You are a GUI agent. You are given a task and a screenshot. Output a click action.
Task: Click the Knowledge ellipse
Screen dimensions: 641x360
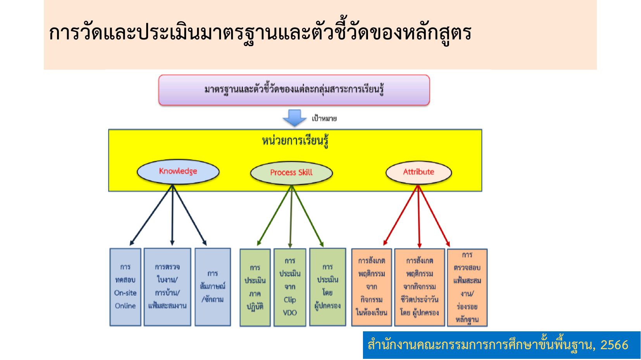pos(178,171)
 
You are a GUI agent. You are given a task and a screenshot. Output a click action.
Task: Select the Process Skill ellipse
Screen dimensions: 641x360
pos(291,173)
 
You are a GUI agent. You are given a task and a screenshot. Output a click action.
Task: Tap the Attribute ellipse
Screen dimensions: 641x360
pos(418,172)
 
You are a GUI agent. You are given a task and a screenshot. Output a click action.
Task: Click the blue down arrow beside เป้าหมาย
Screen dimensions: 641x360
pos(294,118)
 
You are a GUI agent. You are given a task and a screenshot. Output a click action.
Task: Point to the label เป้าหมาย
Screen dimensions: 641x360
pos(324,119)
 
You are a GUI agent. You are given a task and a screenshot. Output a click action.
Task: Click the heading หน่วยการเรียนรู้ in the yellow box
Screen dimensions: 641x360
pos(295,141)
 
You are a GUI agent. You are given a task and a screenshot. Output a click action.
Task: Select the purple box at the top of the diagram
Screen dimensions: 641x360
pos(294,90)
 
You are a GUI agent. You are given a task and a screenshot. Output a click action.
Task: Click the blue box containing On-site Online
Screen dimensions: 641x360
pos(125,287)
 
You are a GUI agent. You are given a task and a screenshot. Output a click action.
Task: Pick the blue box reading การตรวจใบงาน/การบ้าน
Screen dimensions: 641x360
pos(167,287)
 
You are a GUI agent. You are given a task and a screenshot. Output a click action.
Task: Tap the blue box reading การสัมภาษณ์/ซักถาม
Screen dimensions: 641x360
pos(213,287)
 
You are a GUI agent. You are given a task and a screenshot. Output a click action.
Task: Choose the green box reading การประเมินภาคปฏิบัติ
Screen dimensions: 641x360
pos(255,287)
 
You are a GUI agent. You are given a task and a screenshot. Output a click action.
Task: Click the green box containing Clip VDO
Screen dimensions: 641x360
pos(290,287)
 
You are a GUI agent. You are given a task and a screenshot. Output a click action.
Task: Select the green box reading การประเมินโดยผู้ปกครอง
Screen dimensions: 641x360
pos(327,287)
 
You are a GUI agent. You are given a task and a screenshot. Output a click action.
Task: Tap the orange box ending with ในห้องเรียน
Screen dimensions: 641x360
pos(371,287)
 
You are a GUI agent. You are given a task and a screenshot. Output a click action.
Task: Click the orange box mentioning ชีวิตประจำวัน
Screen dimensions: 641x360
pos(419,287)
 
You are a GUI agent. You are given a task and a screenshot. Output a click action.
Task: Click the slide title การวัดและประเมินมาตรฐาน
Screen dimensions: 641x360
pos(260,33)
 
